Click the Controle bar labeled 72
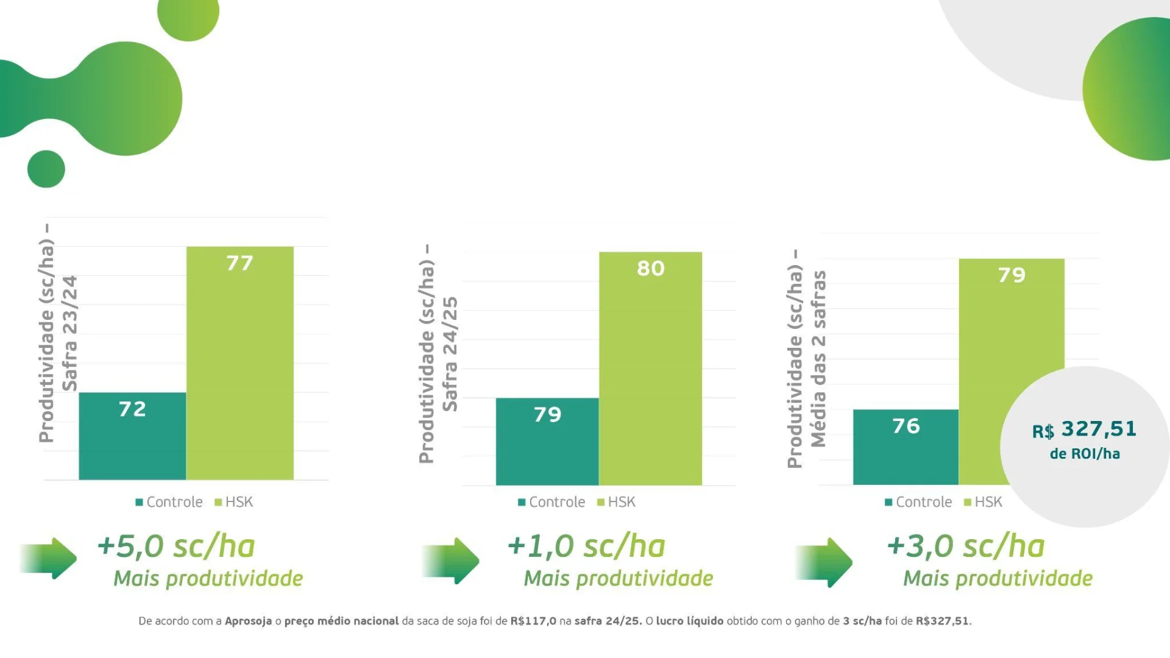coord(132,436)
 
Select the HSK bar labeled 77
coord(239,363)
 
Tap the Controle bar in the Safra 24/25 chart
coord(547,441)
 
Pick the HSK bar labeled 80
coord(650,369)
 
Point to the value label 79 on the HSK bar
coord(1012,275)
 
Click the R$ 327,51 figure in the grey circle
coord(1085,430)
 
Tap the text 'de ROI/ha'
coord(1085,454)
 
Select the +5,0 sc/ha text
coord(176,546)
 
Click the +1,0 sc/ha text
coord(586,546)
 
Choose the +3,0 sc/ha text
coord(966,546)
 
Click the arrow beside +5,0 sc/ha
coord(49,558)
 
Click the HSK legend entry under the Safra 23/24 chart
coord(234,502)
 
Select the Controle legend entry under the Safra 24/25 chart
coord(551,502)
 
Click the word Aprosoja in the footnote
coord(248,621)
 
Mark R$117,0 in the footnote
coord(533,621)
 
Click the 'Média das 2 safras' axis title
coord(818,359)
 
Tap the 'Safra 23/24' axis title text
coord(70,333)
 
